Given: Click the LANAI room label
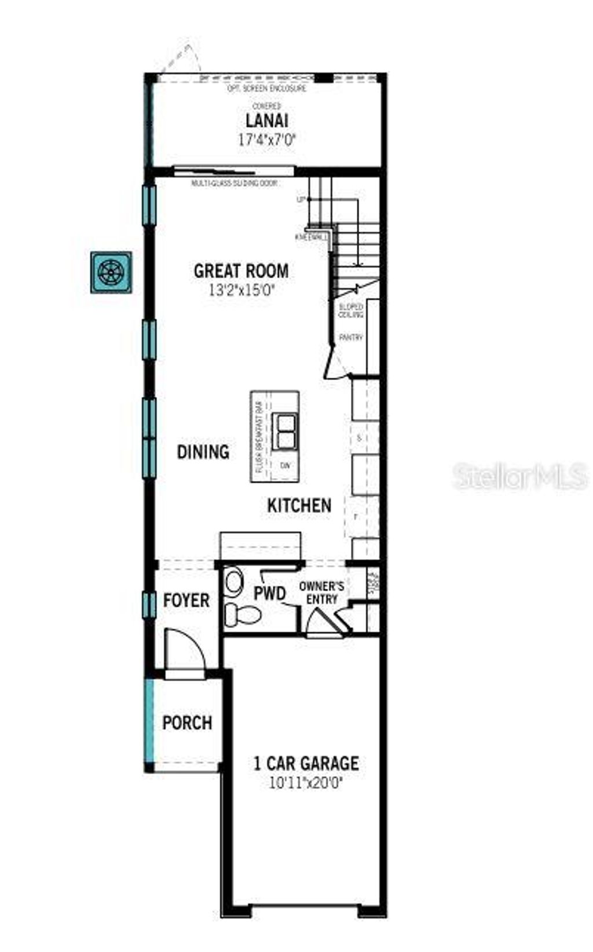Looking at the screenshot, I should pyautogui.click(x=267, y=121).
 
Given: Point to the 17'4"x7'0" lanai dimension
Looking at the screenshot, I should pyautogui.click(x=267, y=140).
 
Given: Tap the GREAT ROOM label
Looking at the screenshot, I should pyautogui.click(x=241, y=271).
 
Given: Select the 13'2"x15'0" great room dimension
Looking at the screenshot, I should pyautogui.click(x=241, y=289).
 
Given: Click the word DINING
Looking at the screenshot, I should pyautogui.click(x=203, y=452).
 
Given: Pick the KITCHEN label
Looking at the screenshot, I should pyautogui.click(x=299, y=505).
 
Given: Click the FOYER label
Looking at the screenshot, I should pyautogui.click(x=186, y=600).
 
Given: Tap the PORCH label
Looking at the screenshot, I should pyautogui.click(x=187, y=723).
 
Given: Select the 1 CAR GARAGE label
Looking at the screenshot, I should pyautogui.click(x=306, y=763).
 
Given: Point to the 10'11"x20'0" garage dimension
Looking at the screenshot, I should pyautogui.click(x=306, y=783).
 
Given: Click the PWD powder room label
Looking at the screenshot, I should pyautogui.click(x=270, y=593).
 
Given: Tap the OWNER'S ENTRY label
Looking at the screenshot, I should pyautogui.click(x=321, y=593).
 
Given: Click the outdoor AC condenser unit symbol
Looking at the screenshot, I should pyautogui.click(x=111, y=272).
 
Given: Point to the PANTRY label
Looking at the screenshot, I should pyautogui.click(x=350, y=337).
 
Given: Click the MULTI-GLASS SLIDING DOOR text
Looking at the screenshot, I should pyautogui.click(x=235, y=184).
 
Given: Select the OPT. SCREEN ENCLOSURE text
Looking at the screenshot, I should pyautogui.click(x=267, y=89).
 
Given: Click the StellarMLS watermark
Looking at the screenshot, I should pyautogui.click(x=519, y=477).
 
